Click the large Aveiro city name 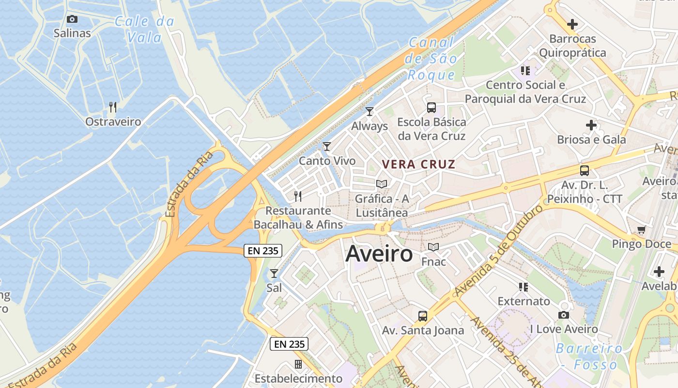coord(379,254)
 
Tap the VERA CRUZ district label coord(418,164)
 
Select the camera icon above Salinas coord(72,19)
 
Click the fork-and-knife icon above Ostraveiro coord(113,107)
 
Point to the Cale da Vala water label coord(144,29)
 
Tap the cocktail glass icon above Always coord(370,112)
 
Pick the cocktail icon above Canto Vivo coord(327,146)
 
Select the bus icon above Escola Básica coord(431,108)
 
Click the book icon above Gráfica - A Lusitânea coord(382,184)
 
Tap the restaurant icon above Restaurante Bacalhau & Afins coord(298,196)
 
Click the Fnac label coord(433,261)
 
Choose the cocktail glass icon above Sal coord(274,273)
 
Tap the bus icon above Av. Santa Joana coord(423,316)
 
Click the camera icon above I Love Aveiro coord(563,315)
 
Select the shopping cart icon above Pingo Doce coord(642,229)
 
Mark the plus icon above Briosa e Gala coord(591,125)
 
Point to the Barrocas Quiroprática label coord(572,46)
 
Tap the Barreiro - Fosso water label coord(589,356)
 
